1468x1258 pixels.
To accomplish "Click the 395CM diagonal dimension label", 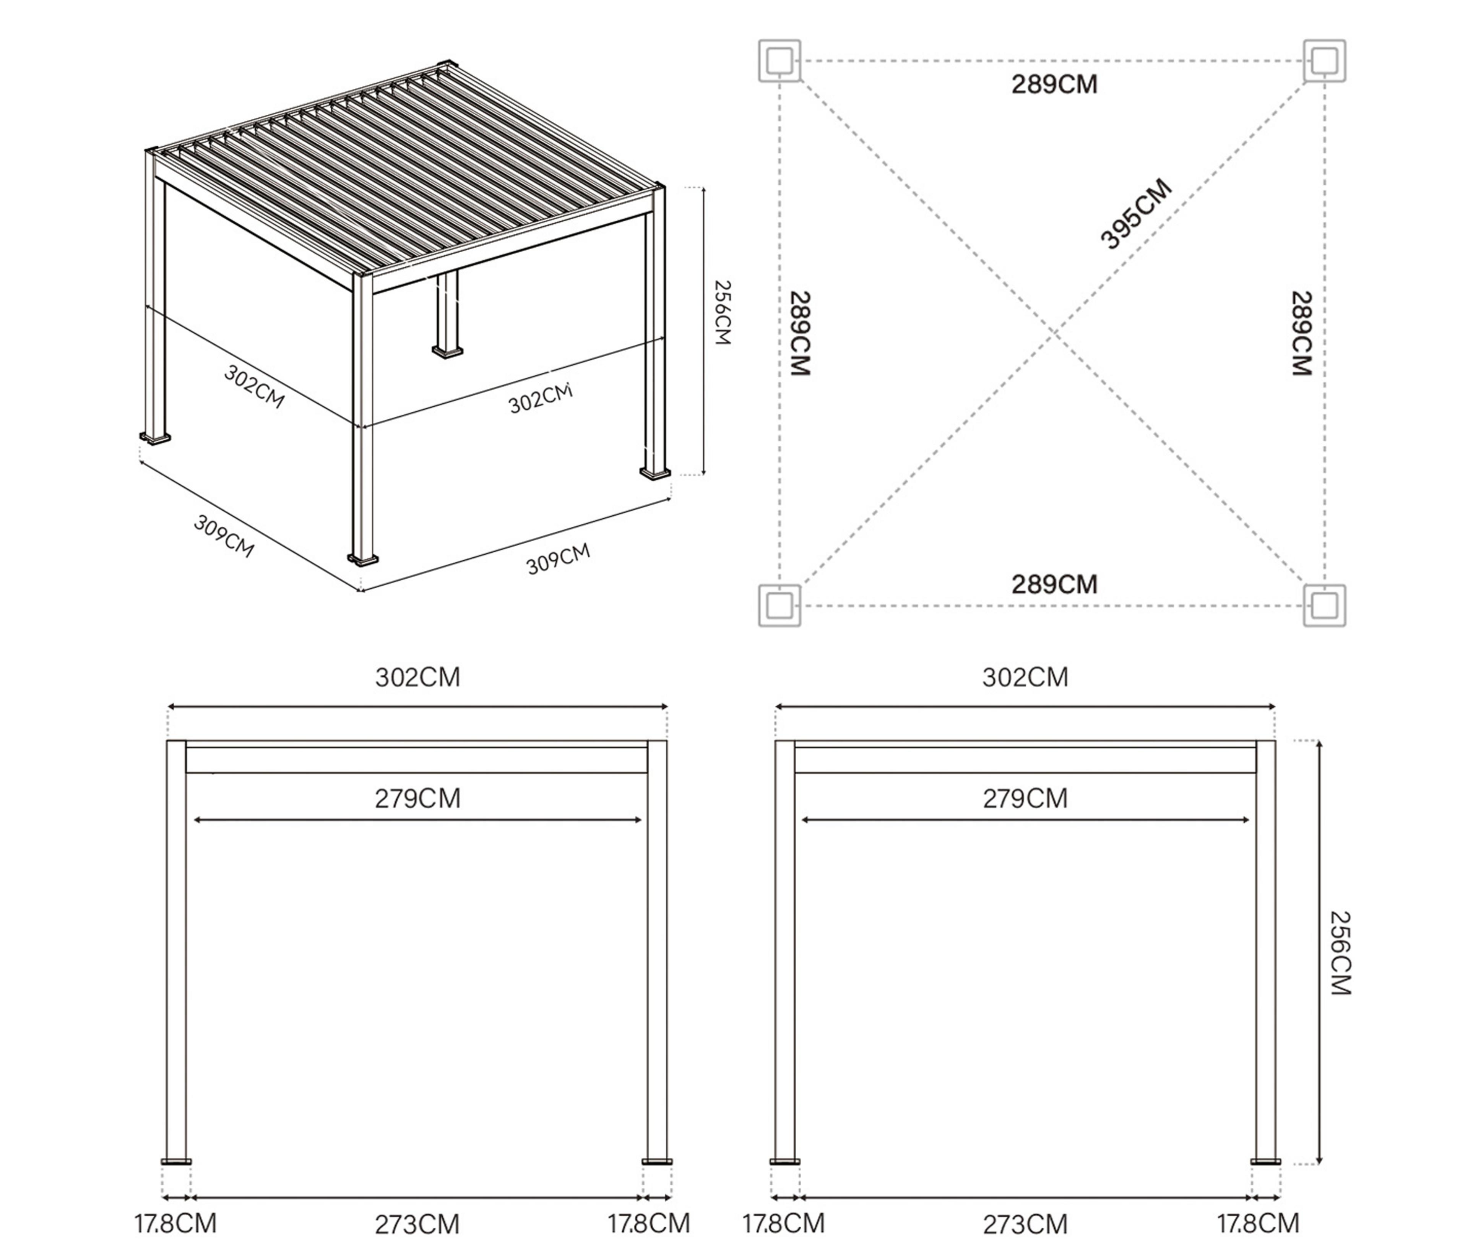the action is [x=1136, y=214].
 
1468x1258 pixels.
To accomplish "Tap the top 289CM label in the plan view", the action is [x=1054, y=84].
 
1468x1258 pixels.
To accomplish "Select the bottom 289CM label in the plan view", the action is [x=1054, y=584].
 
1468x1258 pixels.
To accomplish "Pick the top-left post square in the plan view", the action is [x=779, y=61].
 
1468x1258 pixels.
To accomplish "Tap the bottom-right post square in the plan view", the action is [x=1324, y=605].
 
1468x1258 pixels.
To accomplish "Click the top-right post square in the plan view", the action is [x=1324, y=61].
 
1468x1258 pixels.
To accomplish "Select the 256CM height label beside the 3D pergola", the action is [x=722, y=312].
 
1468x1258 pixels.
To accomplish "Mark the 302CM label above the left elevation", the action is [x=417, y=678].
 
